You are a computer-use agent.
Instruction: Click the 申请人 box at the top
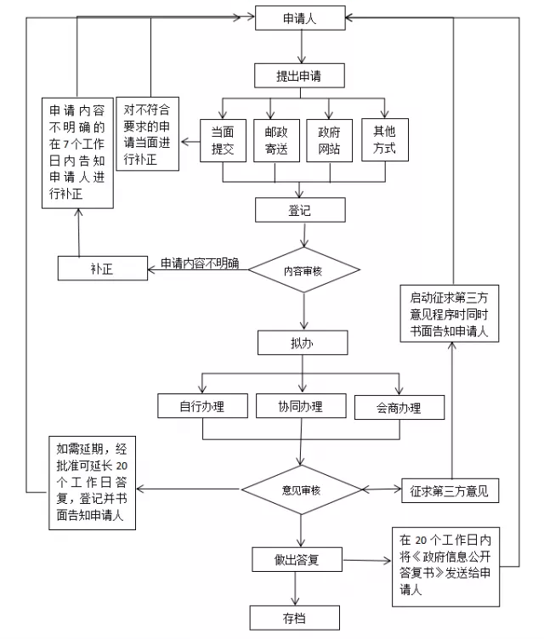coord(300,17)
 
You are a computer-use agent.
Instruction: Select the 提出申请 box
coord(299,76)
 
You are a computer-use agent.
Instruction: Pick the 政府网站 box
coord(330,140)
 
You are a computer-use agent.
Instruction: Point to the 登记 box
coord(300,210)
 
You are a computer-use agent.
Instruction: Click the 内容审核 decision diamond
coord(303,270)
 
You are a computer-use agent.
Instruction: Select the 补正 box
coord(102,269)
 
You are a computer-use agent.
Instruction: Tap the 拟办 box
coord(303,342)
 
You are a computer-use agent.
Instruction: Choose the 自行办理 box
coord(201,406)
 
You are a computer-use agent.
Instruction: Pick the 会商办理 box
coord(399,407)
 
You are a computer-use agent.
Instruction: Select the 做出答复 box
coord(297,560)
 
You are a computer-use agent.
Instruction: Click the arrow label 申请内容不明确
coord(201,263)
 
